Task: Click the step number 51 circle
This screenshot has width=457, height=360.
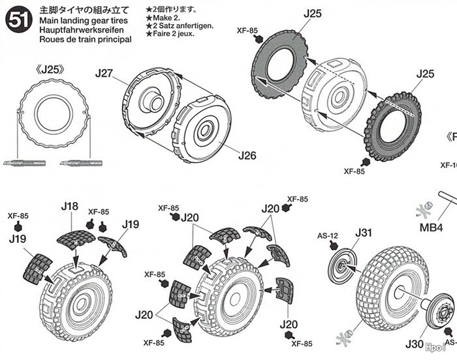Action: click(15, 21)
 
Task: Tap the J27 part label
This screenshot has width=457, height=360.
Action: click(105, 74)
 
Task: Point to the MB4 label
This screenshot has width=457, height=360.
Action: click(430, 228)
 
